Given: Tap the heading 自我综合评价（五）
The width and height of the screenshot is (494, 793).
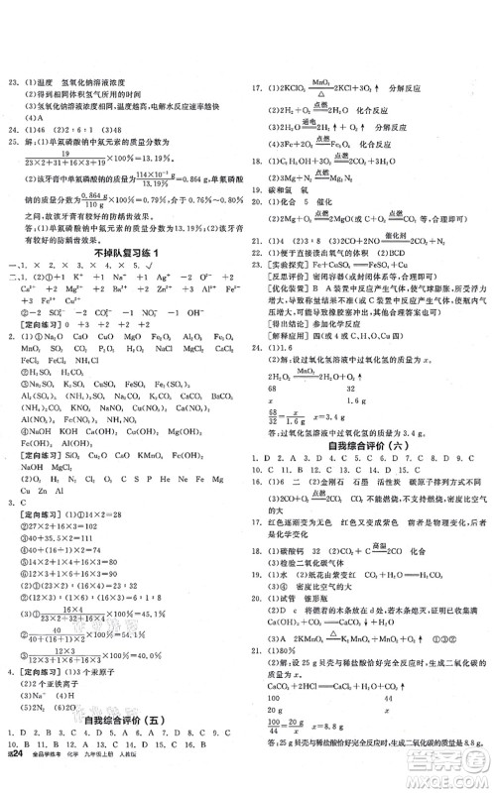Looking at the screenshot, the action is pos(124,739).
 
